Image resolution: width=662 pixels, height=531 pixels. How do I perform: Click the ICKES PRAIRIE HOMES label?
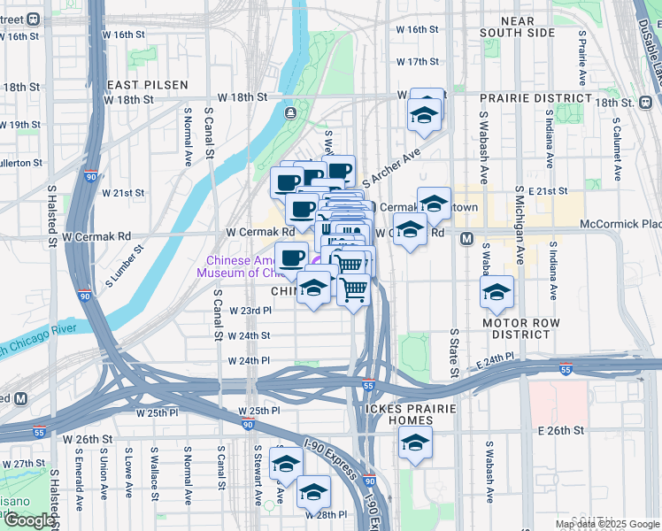click(x=408, y=415)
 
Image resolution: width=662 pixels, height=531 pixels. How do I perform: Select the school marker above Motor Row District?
click(x=497, y=292)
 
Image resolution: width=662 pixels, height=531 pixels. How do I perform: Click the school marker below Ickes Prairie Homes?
click(x=415, y=443)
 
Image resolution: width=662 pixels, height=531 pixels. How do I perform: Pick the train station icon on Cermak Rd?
click(x=466, y=238)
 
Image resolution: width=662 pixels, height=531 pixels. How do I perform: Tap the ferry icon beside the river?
click(x=290, y=113)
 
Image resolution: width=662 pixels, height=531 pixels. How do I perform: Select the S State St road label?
click(x=453, y=351)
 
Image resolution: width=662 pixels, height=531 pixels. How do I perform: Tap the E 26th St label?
click(x=561, y=430)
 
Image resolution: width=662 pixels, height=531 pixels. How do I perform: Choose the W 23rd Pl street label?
click(x=250, y=311)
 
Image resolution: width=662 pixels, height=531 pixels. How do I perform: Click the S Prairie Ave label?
click(x=582, y=61)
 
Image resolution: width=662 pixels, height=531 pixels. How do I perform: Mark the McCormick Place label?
click(x=620, y=225)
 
